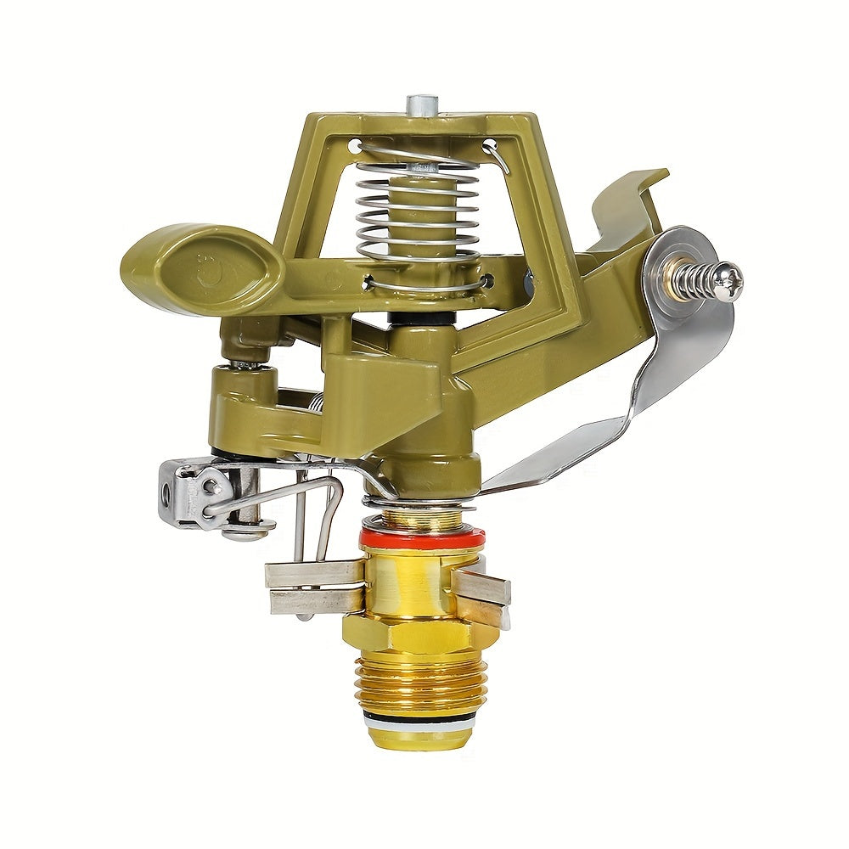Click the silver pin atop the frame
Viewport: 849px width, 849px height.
click(417, 106)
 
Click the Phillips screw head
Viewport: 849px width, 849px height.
click(728, 280)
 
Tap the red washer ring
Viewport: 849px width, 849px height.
click(422, 537)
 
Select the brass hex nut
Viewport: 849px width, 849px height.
click(416, 633)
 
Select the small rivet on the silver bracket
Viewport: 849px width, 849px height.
click(209, 486)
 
